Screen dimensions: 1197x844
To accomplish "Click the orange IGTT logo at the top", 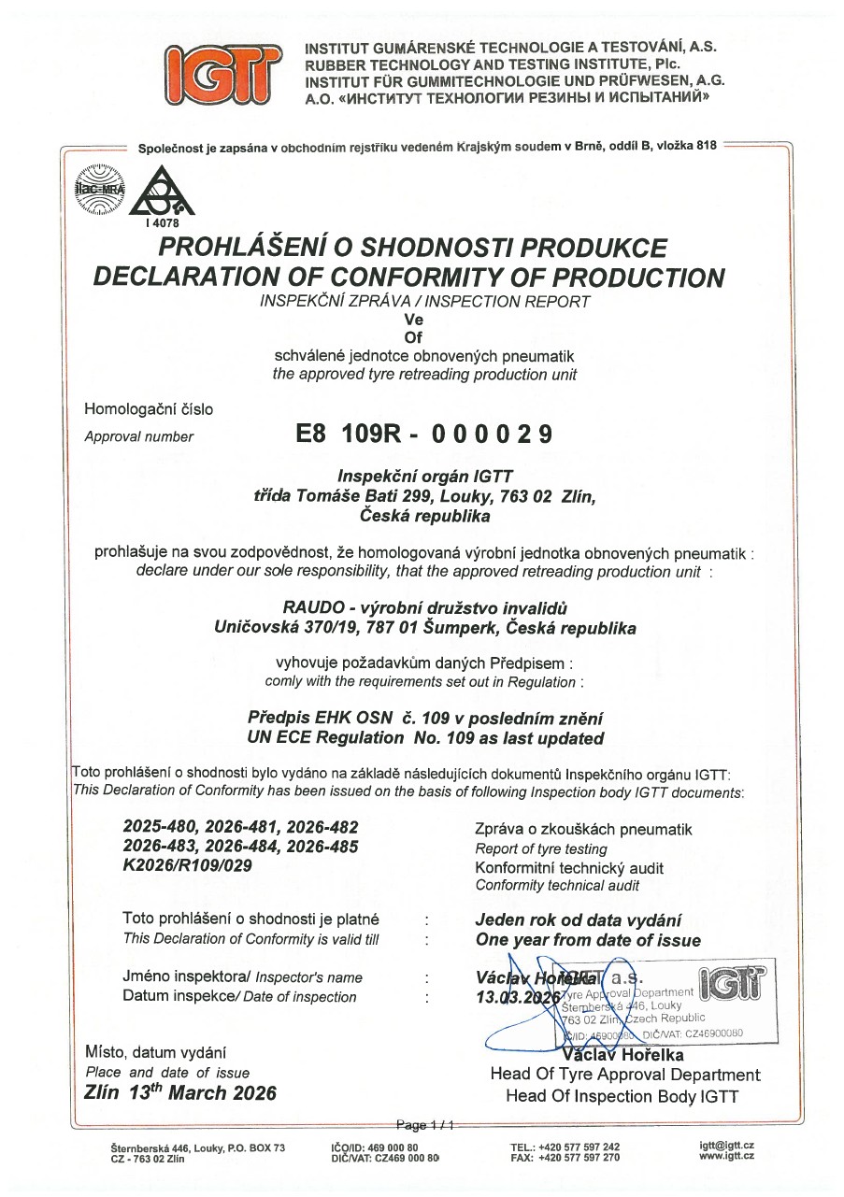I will point(222,74).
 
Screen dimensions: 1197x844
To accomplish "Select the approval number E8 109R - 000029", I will point(423,435).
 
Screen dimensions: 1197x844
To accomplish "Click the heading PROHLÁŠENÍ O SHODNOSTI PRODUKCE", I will point(413,249).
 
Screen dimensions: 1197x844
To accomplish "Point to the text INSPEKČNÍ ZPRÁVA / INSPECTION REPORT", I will point(425,301).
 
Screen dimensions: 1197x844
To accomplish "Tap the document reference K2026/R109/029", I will point(188,865).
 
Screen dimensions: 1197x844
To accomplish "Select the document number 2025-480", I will point(155,827).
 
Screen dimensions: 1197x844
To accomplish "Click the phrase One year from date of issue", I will point(588,940).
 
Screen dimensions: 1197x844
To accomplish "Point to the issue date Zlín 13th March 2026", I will point(180,1092).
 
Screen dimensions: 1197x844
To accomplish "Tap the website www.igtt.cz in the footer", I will point(726,1157).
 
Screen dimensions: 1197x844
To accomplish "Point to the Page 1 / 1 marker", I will point(425,1125).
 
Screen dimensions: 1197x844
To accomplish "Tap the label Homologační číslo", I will point(149,409).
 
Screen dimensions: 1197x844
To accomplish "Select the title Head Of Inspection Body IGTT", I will point(622,1096).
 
